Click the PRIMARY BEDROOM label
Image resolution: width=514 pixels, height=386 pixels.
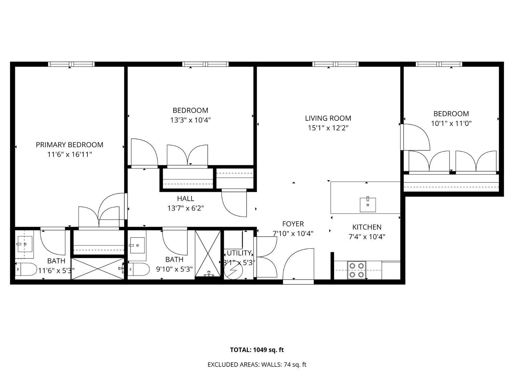70,145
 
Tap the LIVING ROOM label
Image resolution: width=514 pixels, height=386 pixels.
328,118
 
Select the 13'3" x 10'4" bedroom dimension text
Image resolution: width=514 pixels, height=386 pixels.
191,120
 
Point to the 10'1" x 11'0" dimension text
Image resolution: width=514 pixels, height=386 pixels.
451,124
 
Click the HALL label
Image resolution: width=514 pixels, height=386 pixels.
185,199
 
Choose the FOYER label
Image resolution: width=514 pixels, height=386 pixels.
293,224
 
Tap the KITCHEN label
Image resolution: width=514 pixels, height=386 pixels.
367,227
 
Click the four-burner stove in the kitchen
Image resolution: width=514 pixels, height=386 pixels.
356,270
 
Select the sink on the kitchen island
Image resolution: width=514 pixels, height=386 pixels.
368,205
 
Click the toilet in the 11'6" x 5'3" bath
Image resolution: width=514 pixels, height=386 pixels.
26,269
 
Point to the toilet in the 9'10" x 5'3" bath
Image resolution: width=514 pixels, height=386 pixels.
138,269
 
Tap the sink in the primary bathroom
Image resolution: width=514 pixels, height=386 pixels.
25,244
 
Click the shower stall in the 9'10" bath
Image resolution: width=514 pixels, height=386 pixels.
208,254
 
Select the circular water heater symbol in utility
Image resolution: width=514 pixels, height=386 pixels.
233,270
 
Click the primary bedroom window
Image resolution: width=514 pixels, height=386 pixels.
71,64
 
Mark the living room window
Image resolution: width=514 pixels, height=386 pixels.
335,64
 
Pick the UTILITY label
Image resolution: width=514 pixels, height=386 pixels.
239,253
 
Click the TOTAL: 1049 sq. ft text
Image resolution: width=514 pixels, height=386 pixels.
257,350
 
